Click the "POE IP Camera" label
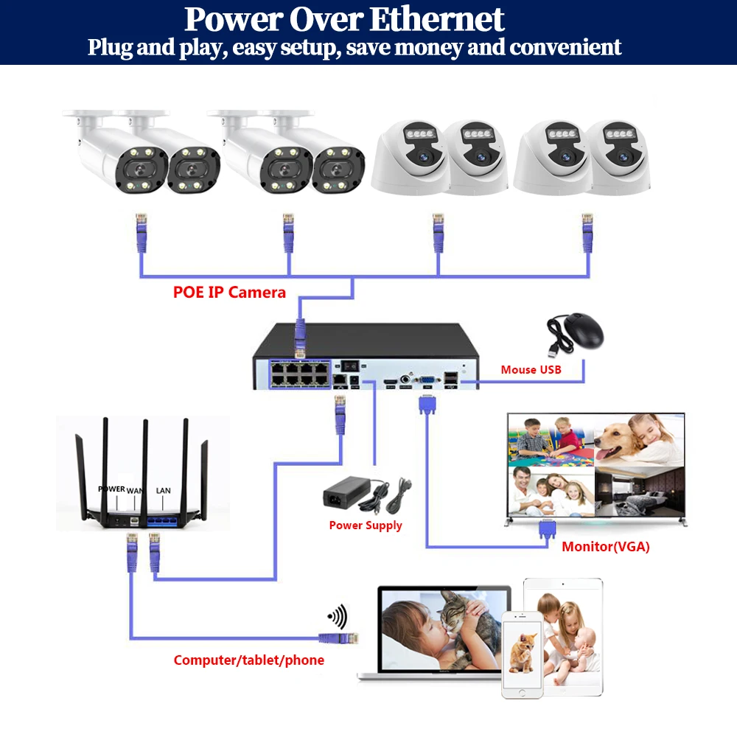pyautogui.click(x=229, y=292)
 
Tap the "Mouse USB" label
pyautogui.click(x=531, y=369)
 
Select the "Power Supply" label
pyautogui.click(x=366, y=525)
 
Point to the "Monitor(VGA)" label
pyautogui.click(x=606, y=547)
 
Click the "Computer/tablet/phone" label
pyautogui.click(x=248, y=660)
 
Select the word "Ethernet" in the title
pyautogui.click(x=437, y=20)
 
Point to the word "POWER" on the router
pyautogui.click(x=111, y=489)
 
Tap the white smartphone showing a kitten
pyautogui.click(x=522, y=653)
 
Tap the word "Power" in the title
pyautogui.click(x=229, y=20)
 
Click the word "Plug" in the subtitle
pyautogui.click(x=108, y=48)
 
